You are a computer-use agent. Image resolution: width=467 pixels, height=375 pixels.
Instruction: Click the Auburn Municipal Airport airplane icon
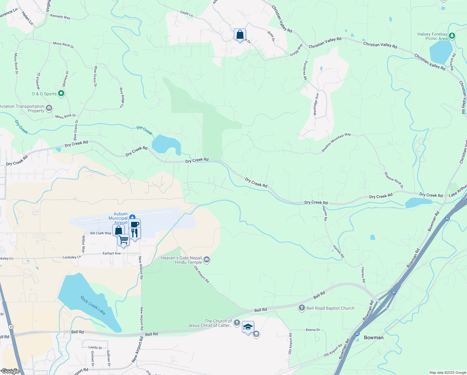(132, 217)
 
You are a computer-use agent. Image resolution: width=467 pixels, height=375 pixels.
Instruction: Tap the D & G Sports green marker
(61, 93)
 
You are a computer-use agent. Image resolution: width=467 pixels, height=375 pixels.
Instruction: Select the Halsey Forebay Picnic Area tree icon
(452, 36)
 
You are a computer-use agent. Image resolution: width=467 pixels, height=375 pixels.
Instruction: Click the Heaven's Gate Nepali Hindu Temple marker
(206, 260)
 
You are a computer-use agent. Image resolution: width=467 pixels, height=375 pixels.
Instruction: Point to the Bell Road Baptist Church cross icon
(302, 308)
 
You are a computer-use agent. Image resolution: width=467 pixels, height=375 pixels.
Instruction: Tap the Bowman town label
(374, 337)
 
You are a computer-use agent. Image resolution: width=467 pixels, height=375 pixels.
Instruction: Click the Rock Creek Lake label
(93, 305)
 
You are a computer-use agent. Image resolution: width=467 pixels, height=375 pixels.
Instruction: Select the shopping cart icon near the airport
(124, 240)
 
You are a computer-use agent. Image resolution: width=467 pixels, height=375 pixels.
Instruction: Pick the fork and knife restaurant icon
(135, 233)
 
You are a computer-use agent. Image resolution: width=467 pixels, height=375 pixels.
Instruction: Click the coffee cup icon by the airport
(135, 224)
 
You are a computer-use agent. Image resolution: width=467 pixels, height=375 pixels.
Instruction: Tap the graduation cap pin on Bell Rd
(248, 327)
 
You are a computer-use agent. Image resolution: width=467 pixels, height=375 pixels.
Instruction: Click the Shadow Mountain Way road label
(336, 142)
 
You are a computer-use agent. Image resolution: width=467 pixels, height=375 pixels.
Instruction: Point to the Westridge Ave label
(316, 104)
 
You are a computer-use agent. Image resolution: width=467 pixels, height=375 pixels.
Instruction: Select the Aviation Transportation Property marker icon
(49, 108)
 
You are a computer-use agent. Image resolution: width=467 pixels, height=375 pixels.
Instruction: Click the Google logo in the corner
(11, 371)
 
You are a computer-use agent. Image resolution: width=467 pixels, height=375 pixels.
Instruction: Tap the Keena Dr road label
(313, 330)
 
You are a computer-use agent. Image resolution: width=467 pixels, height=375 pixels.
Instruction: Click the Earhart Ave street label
(112, 253)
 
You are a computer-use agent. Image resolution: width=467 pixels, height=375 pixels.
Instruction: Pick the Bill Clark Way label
(101, 233)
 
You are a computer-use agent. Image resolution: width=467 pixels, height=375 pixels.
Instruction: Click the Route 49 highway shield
(11, 327)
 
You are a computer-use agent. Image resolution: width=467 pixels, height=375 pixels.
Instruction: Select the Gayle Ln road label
(186, 14)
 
